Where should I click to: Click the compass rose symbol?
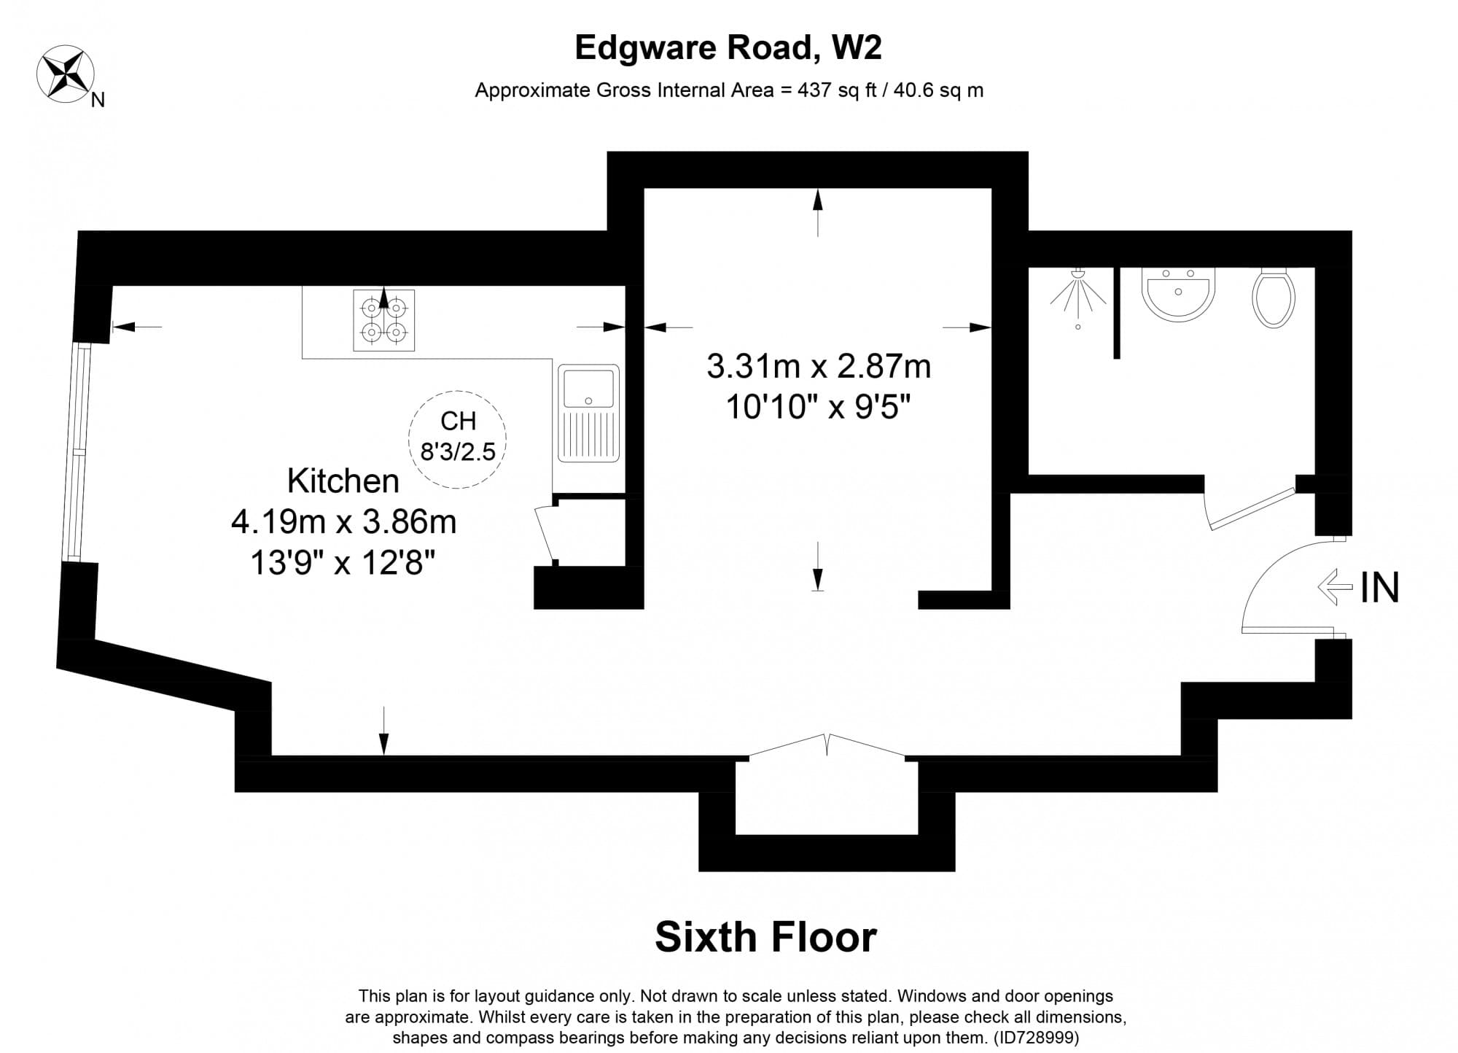65,73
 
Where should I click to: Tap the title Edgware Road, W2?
728,48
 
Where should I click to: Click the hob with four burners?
383,320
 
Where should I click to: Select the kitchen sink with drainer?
588,413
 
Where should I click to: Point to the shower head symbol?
1077,295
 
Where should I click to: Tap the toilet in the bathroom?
1273,297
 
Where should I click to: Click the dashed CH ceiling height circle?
457,438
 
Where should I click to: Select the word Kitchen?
343,481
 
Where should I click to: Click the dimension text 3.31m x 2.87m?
818,366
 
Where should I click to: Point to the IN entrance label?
1379,588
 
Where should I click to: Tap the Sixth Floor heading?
765,937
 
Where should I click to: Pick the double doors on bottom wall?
826,748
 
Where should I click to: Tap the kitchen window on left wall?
76,452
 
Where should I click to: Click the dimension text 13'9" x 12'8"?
343,563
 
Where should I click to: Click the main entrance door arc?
1272,583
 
